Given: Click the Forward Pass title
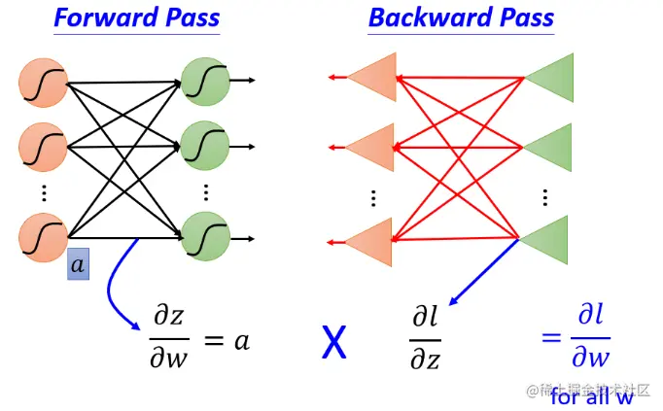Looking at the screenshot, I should pos(136,17).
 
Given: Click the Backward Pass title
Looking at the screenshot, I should pos(461,17).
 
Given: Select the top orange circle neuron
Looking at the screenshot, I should pos(42,83).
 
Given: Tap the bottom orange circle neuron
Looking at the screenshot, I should pos(42,237).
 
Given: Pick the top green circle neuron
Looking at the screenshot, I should pos(205,80).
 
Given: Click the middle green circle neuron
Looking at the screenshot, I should pos(205,144).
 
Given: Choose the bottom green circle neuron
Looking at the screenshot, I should pos(205,236).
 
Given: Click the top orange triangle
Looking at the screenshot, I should pos(371,77).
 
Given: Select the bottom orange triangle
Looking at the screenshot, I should pos(371,241).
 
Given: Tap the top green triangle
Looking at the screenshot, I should pos(550,76).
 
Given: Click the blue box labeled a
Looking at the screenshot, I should pos(78,265).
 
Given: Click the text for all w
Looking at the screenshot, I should pos(591,396).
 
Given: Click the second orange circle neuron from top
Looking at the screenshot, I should pos(42,148).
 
